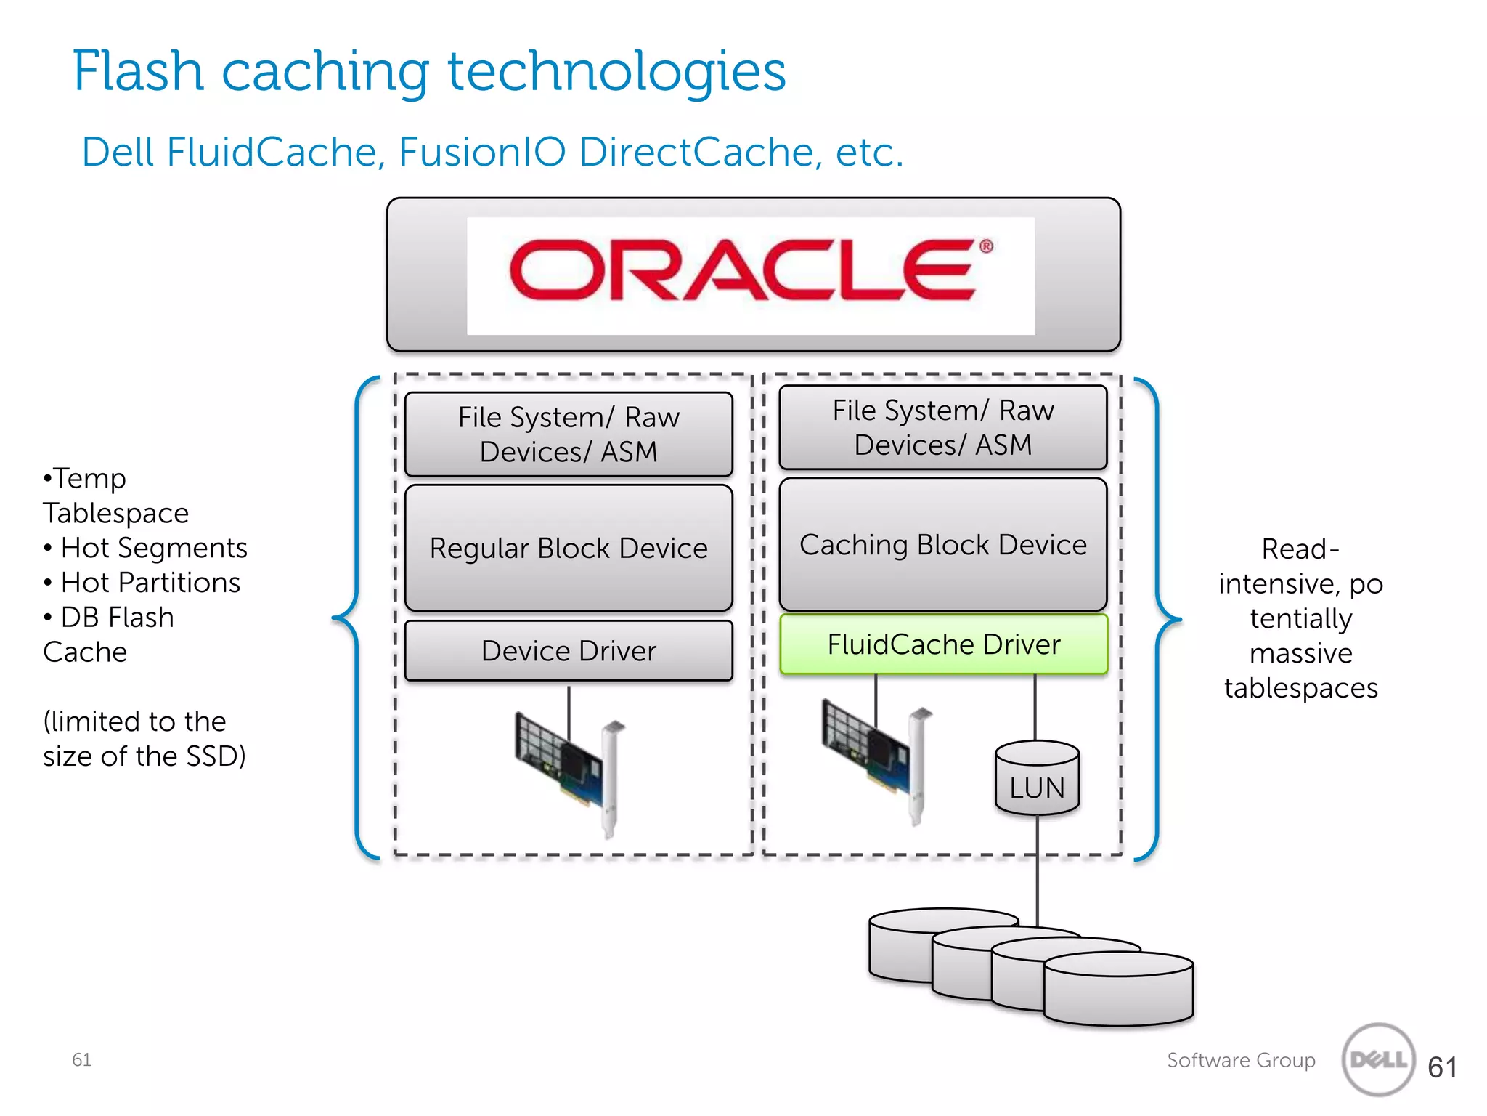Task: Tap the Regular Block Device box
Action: (569, 548)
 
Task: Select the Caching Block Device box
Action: (942, 544)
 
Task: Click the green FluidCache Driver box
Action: (943, 644)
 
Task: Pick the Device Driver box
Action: (569, 650)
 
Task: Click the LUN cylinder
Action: (1037, 780)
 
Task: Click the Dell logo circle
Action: (1378, 1059)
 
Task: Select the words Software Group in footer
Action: (1241, 1060)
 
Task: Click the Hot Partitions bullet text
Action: (150, 583)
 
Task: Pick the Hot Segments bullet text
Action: (154, 548)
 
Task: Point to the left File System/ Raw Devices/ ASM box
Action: (569, 434)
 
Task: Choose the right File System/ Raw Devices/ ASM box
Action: (942, 427)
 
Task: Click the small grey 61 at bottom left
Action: (81, 1059)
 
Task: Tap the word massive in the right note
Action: (1300, 653)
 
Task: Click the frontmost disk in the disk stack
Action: (1118, 989)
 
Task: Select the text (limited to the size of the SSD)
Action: (144, 739)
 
